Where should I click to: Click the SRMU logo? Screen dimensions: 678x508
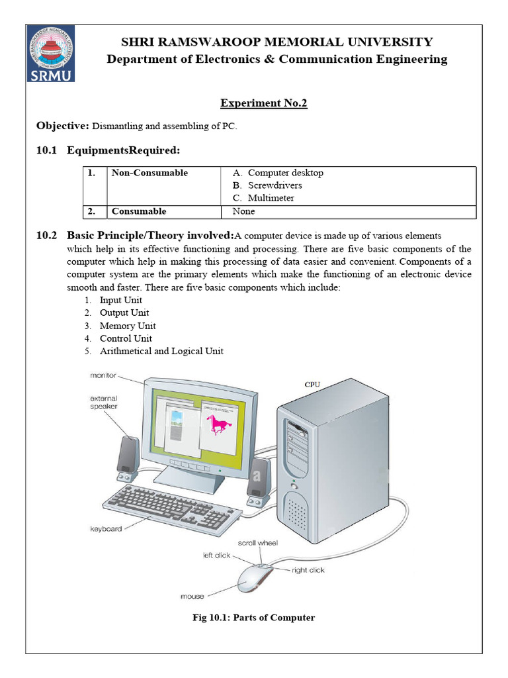click(51, 54)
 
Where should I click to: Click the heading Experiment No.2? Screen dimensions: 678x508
click(263, 103)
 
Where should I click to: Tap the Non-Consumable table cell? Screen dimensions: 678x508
click(149, 173)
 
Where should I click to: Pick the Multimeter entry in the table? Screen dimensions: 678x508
click(271, 198)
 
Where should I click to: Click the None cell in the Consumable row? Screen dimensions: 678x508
click(243, 212)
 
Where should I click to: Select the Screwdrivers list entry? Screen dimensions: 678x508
click(275, 185)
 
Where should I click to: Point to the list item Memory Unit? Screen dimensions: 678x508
click(128, 326)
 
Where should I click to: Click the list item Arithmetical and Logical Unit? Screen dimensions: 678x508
click(161, 351)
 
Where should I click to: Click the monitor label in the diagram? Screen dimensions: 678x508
click(103, 375)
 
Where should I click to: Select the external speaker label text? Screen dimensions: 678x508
click(103, 403)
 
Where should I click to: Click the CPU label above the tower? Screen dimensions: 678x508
click(313, 384)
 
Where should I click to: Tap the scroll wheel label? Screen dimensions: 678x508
click(258, 543)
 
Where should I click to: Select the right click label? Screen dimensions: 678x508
click(308, 569)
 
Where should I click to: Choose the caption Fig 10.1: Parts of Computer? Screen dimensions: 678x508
click(253, 618)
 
